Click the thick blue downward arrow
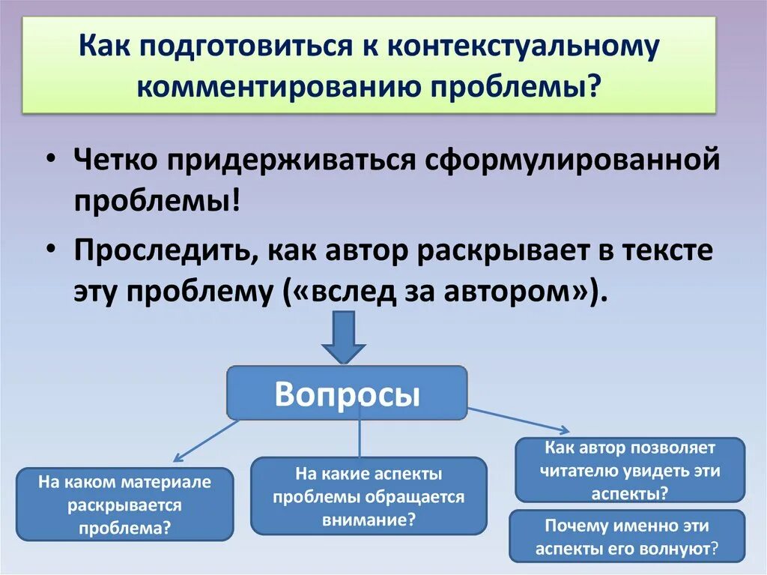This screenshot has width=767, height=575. click(343, 337)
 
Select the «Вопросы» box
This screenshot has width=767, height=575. click(347, 393)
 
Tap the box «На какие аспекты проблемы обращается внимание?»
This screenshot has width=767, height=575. click(369, 496)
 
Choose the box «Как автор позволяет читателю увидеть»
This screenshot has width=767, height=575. click(630, 470)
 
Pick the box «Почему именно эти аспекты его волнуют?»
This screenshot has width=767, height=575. click(627, 537)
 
